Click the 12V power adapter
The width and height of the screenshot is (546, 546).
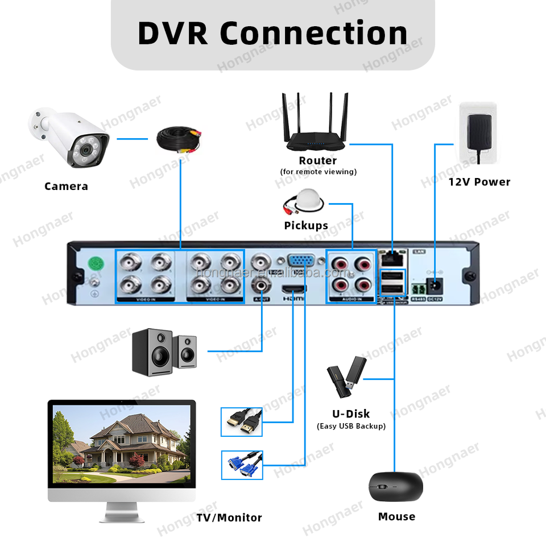pos(478,134)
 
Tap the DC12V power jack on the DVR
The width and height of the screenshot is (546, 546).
pos(436,286)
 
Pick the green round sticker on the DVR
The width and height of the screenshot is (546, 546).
pos(97,263)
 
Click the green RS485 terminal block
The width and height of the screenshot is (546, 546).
pos(419,287)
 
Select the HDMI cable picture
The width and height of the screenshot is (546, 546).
pos(242,422)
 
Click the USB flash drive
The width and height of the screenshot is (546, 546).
pos(346,377)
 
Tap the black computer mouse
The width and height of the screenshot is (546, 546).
pos(396,487)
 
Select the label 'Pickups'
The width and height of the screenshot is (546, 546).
pos(306,226)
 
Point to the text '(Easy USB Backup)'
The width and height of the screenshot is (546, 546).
pos(351,426)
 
